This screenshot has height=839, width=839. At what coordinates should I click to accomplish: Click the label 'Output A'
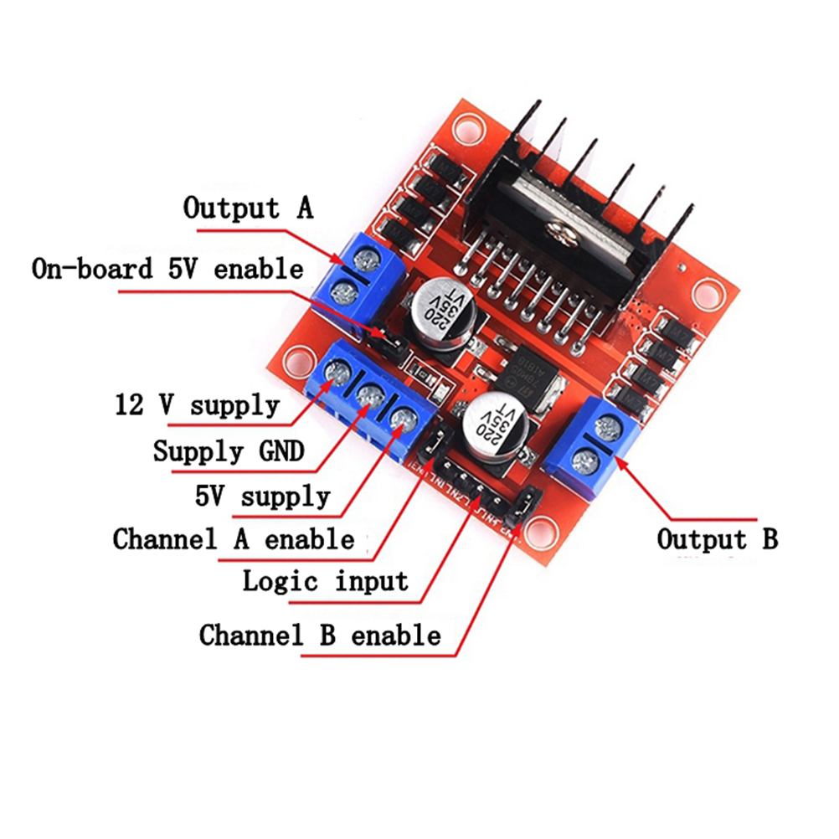click(248, 208)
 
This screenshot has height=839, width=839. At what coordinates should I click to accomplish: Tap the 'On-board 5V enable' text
click(167, 269)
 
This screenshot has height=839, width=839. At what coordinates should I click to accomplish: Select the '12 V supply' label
click(197, 406)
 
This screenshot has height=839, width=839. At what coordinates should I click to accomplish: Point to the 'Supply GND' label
click(228, 452)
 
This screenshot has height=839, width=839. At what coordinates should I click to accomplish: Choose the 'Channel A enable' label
click(234, 538)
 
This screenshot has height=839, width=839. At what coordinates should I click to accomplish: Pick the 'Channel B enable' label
click(320, 635)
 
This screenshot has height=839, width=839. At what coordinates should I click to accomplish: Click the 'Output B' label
click(717, 538)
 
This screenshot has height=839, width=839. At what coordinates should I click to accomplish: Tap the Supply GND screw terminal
click(369, 393)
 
